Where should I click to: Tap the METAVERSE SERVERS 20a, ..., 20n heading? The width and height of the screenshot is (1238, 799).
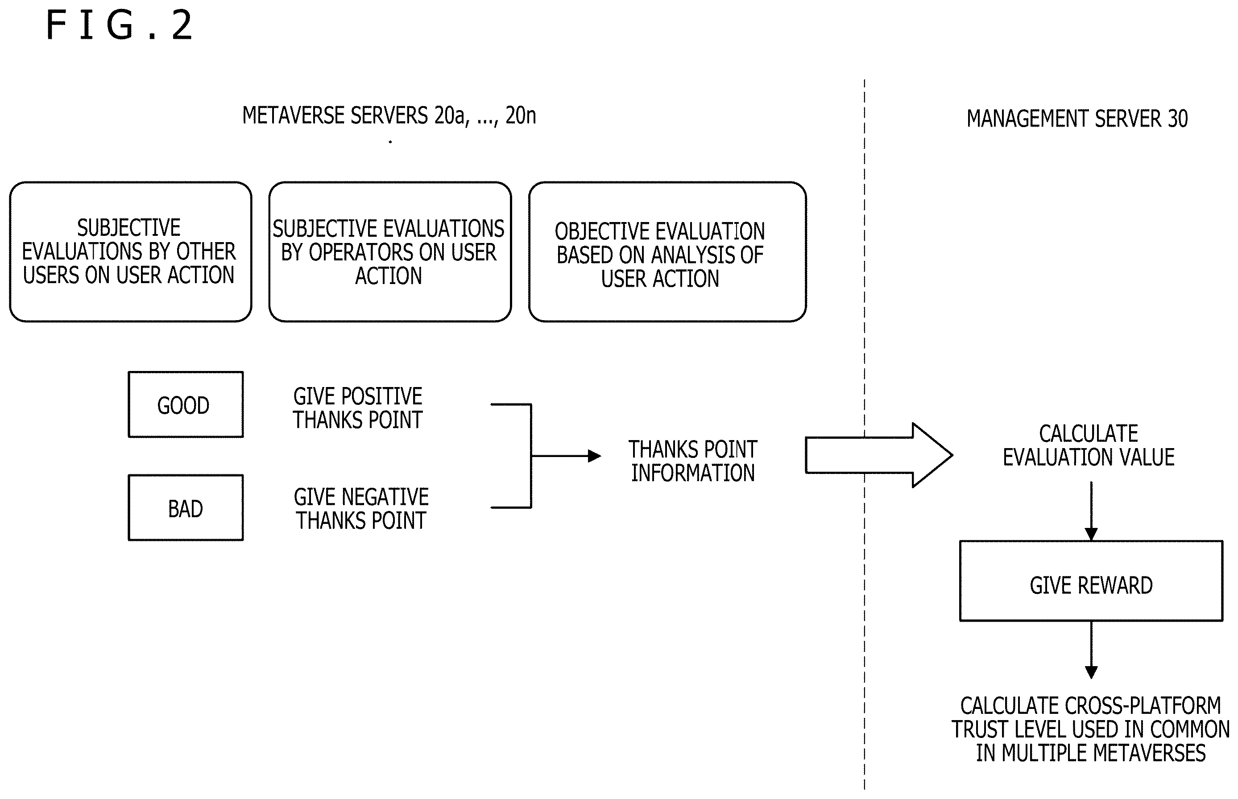[x=389, y=115]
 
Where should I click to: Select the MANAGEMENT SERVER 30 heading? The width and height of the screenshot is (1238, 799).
[x=1077, y=118]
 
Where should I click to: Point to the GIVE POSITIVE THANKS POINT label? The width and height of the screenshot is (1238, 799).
[x=358, y=408]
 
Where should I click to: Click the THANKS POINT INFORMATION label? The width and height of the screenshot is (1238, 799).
[x=693, y=461]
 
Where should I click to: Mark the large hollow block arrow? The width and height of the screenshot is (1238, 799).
[x=879, y=455]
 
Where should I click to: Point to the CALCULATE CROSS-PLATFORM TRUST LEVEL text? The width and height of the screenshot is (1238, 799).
[x=1091, y=729]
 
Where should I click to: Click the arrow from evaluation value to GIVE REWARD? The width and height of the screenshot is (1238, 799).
[x=1091, y=511]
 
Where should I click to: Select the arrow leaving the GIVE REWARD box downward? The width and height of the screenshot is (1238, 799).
[x=1091, y=650]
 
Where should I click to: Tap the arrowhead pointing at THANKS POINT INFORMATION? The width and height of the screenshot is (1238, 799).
[x=595, y=456]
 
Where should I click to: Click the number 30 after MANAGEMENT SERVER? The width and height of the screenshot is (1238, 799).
[x=1178, y=119]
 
